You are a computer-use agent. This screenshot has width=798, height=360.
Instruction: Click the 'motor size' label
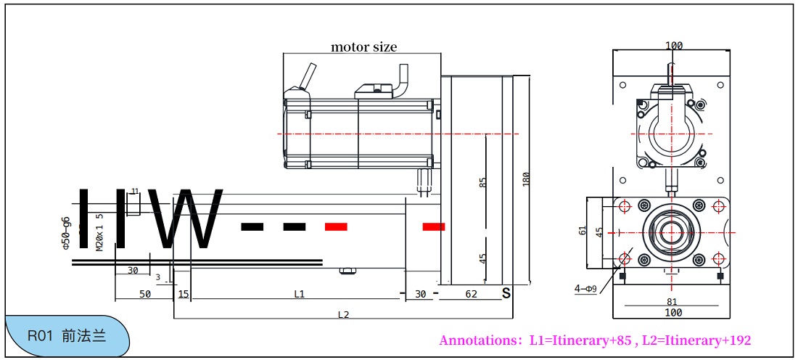point(364,47)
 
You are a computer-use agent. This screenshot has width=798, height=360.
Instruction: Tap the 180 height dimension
point(526,179)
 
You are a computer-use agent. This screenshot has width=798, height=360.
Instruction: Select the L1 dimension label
point(299,294)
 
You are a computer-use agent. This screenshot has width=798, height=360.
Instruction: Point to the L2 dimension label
point(344,314)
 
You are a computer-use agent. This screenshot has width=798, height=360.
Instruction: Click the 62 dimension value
point(472,294)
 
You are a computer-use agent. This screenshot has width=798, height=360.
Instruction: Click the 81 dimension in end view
point(672,302)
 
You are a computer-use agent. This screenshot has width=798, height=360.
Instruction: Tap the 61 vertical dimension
point(583,231)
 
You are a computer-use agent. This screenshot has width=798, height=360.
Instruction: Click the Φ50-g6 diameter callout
point(66,233)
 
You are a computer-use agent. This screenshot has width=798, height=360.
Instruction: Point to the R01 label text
point(41,337)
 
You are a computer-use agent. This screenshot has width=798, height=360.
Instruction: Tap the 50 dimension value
point(145,294)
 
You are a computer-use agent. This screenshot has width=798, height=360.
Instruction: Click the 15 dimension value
point(183,294)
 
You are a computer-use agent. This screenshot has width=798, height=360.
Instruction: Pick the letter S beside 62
point(506,293)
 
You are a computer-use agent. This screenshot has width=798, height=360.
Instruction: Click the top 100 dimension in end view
point(674,46)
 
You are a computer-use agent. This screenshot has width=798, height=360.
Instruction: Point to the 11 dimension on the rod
point(134,191)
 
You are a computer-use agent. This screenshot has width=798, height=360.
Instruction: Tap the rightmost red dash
point(434,226)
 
